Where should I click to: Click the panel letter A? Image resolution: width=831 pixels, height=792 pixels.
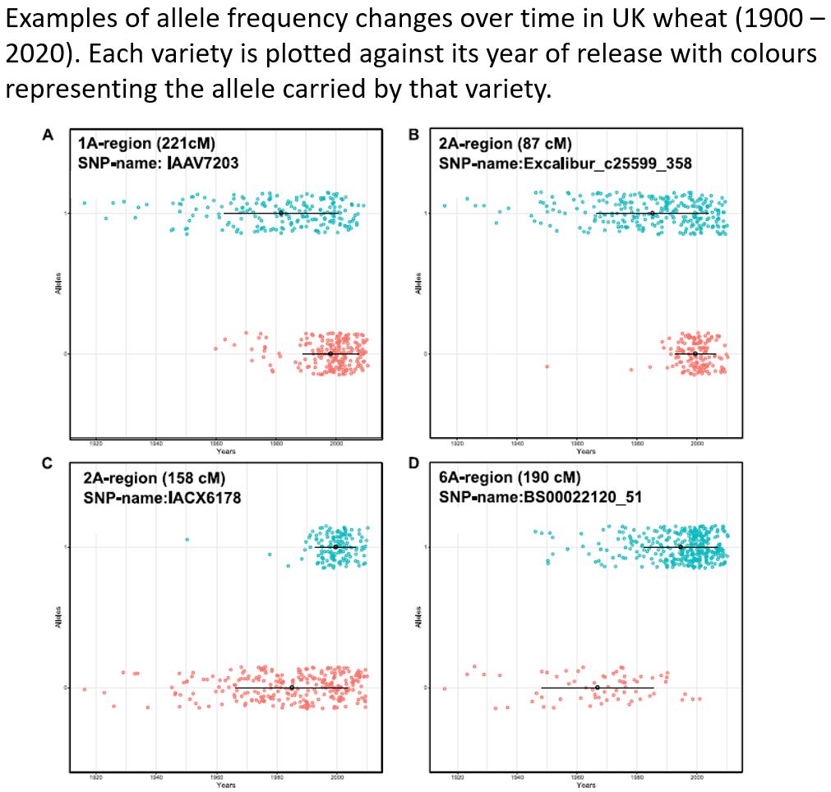pyautogui.click(x=48, y=134)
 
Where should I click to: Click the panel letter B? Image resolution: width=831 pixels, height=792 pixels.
pyautogui.click(x=413, y=134)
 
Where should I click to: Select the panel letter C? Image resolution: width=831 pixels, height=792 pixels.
pyautogui.click(x=48, y=466)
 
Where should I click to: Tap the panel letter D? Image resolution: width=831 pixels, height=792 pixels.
pyautogui.click(x=413, y=466)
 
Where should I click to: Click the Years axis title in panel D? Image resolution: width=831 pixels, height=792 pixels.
pyautogui.click(x=586, y=785)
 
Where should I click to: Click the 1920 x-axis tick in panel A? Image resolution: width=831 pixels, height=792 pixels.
pyautogui.click(x=96, y=444)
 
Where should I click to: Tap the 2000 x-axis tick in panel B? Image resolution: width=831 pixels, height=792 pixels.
pyautogui.click(x=697, y=444)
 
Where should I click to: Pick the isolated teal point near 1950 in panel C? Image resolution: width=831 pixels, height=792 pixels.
pyautogui.click(x=187, y=540)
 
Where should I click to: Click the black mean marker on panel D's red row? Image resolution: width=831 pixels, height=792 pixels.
pyautogui.click(x=598, y=688)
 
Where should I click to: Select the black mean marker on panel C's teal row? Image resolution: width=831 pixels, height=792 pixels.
pyautogui.click(x=335, y=547)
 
